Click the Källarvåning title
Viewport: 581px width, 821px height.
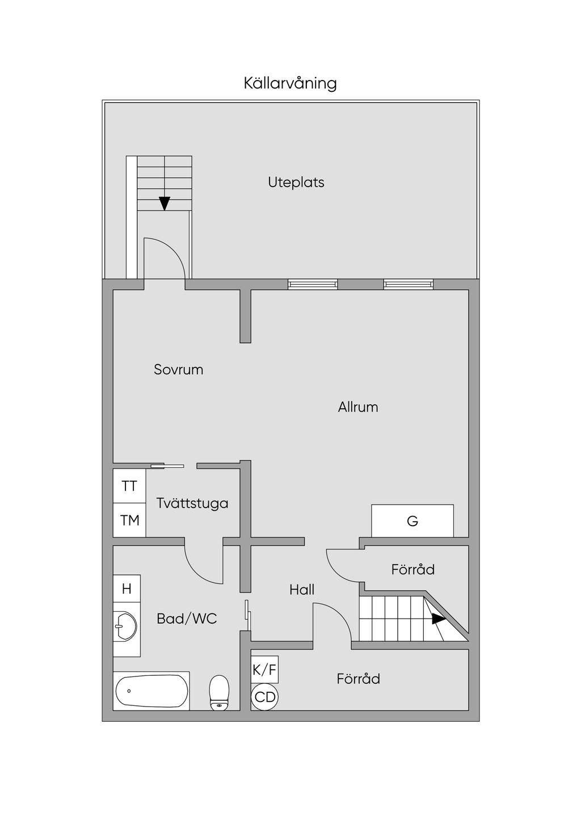(x=290, y=83)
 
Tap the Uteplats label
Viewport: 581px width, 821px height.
(x=296, y=183)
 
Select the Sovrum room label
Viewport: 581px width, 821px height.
(x=178, y=370)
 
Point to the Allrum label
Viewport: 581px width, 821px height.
(x=357, y=407)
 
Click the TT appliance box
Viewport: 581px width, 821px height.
(x=129, y=486)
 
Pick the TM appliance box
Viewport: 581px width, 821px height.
(x=129, y=520)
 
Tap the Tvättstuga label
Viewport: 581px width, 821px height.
(x=192, y=503)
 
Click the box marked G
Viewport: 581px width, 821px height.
(x=412, y=520)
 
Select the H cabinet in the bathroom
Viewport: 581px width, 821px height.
(x=127, y=589)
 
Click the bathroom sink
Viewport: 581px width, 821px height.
(x=125, y=627)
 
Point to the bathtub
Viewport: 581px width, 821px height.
(x=151, y=691)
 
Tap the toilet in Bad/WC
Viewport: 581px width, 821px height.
(x=218, y=692)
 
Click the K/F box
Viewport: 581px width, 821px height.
(x=264, y=670)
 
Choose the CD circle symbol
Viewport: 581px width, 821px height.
(x=264, y=696)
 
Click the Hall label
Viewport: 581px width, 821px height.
(x=302, y=590)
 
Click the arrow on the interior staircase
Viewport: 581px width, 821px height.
(x=439, y=619)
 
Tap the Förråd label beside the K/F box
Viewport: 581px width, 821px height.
(x=358, y=679)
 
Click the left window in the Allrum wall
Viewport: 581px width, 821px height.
(x=313, y=284)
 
